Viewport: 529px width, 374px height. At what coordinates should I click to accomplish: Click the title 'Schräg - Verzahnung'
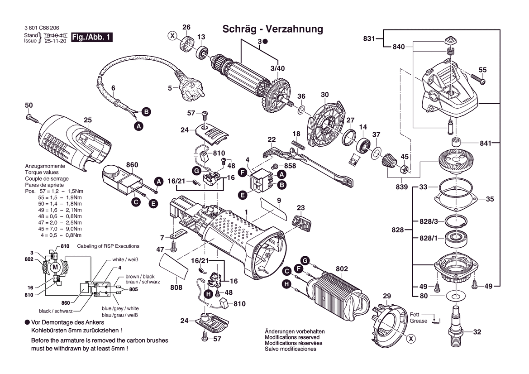273,29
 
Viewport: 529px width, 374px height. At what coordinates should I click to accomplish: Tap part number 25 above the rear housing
88,120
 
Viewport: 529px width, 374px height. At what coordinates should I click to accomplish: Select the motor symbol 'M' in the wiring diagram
55,267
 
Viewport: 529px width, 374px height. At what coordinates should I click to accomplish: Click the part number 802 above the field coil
342,269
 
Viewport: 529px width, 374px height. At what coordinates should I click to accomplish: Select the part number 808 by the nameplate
176,288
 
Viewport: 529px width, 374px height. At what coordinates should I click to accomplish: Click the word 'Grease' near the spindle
419,321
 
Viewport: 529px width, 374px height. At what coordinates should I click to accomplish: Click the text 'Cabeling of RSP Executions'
108,246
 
